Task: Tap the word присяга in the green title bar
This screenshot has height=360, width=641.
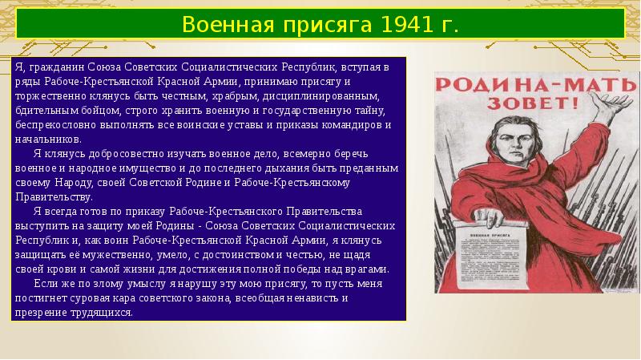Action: coord(315,25)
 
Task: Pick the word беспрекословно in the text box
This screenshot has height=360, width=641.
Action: coord(53,127)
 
